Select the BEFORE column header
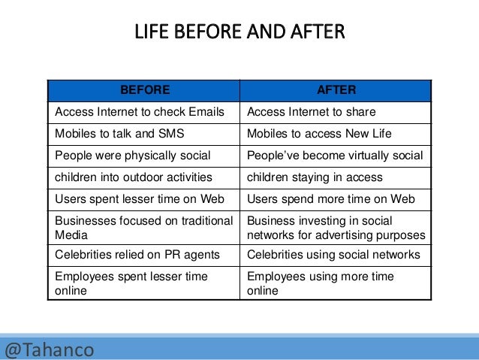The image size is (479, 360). pyautogui.click(x=145, y=90)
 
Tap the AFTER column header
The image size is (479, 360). pyautogui.click(x=336, y=90)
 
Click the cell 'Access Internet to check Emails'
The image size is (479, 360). pyautogui.click(x=140, y=113)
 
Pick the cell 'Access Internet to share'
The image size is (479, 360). pyautogui.click(x=311, y=113)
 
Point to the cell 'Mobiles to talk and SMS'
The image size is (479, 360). pyautogui.click(x=120, y=135)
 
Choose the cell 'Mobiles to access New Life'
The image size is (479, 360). pyautogui.click(x=319, y=135)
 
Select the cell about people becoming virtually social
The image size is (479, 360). pyautogui.click(x=335, y=156)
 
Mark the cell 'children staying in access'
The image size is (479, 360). pyautogui.click(x=315, y=177)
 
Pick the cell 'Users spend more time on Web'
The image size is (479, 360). pyautogui.click(x=330, y=199)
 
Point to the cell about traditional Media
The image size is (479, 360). pyautogui.click(x=141, y=227)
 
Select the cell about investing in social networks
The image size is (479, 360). pyautogui.click(x=336, y=227)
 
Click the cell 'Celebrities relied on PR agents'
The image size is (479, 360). pyautogui.click(x=136, y=255)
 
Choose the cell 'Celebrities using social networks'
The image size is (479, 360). pyautogui.click(x=333, y=255)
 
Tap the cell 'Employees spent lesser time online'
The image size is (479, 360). pyautogui.click(x=131, y=283)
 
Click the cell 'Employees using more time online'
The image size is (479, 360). pyautogui.click(x=321, y=283)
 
